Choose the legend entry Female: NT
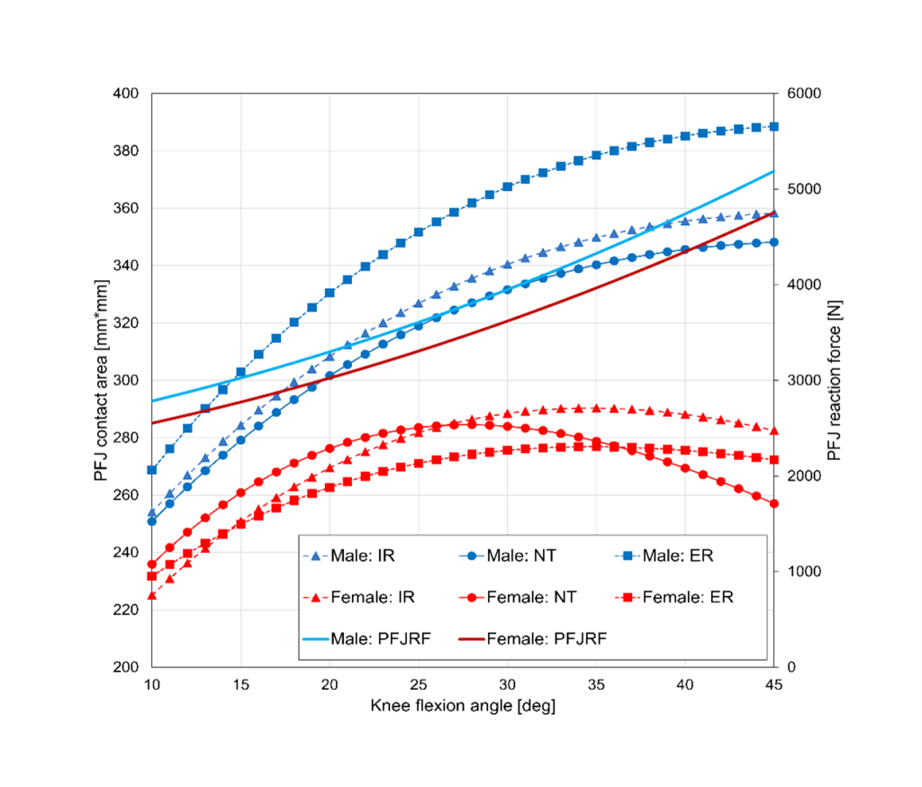(x=530, y=596)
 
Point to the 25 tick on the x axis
(x=419, y=684)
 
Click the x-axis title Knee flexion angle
(x=463, y=706)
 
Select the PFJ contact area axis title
(x=101, y=380)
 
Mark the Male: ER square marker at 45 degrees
(x=773, y=127)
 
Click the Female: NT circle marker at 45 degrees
(x=773, y=503)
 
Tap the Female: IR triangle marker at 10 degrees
(x=152, y=595)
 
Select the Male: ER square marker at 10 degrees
(x=152, y=470)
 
